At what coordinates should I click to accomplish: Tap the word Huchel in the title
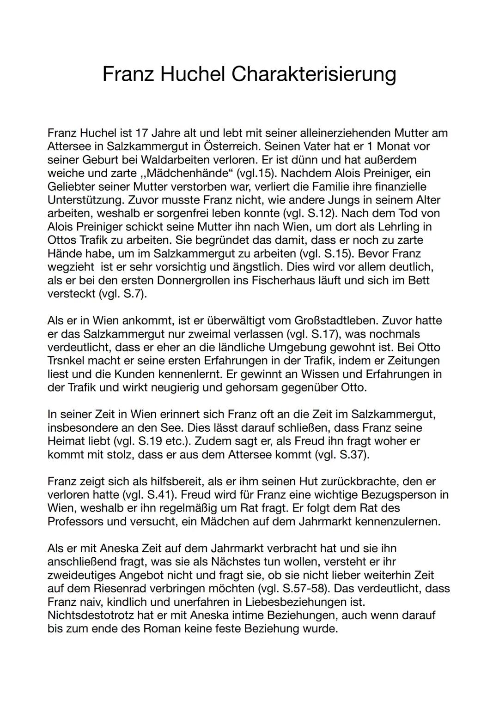(192, 74)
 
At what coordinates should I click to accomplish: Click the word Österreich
(226, 146)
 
